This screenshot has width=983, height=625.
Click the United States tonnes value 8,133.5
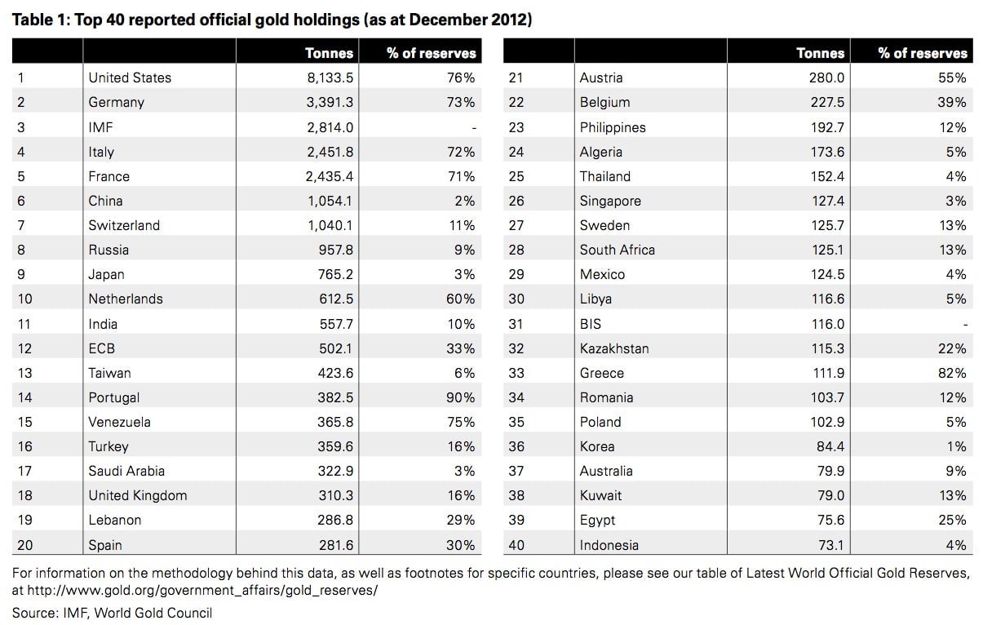(330, 78)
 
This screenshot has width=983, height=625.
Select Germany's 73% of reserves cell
(461, 102)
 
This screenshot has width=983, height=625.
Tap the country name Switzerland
(124, 225)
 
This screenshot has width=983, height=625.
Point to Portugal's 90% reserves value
(461, 397)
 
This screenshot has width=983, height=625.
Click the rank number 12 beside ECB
(24, 348)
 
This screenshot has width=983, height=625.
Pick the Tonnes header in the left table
(329, 53)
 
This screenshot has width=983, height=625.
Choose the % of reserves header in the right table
(923, 53)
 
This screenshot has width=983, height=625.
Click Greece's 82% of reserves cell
(952, 373)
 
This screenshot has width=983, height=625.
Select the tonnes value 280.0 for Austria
(826, 78)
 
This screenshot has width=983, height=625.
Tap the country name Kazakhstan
(614, 348)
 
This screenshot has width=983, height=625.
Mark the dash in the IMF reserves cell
(474, 129)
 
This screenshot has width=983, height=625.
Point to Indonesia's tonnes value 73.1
(831, 545)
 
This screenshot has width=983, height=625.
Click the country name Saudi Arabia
(126, 471)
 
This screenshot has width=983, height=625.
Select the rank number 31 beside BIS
(516, 324)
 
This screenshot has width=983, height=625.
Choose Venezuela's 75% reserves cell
(461, 422)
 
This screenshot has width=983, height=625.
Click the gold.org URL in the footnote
(202, 591)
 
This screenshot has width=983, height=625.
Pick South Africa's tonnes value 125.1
(826, 250)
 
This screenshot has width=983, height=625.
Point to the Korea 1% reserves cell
(956, 446)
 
